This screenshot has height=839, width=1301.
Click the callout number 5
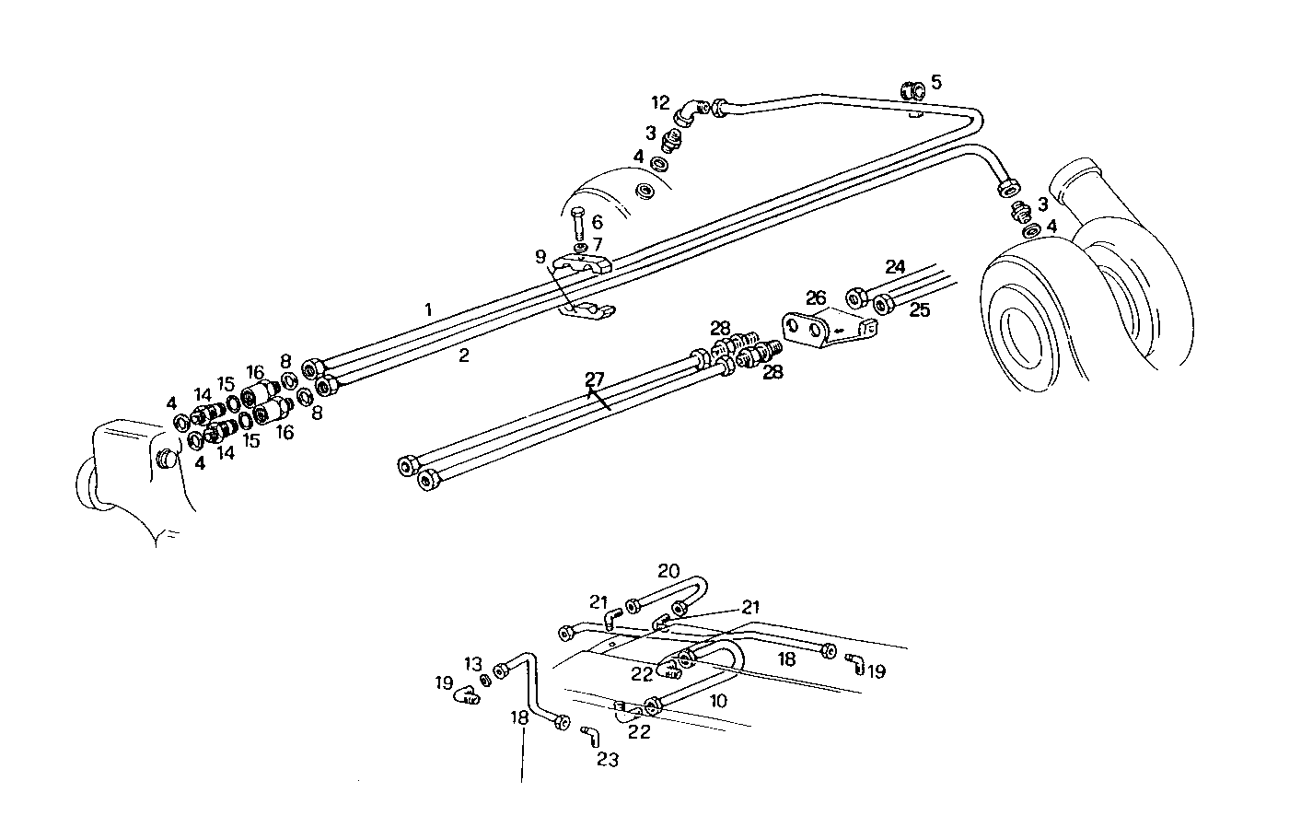(936, 82)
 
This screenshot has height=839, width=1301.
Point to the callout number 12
(661, 101)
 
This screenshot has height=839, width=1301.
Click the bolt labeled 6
(578, 223)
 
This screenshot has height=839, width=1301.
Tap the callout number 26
(817, 297)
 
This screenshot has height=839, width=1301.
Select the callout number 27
(594, 379)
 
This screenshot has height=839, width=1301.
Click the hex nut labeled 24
(854, 297)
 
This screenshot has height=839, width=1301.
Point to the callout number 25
(920, 311)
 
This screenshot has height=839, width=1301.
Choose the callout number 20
(668, 569)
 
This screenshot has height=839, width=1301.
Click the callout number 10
(718, 701)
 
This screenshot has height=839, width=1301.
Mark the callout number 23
(608, 760)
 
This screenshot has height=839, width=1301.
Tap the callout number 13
(473, 663)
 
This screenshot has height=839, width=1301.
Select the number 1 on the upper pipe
(428, 310)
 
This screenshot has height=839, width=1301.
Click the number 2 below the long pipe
(464, 356)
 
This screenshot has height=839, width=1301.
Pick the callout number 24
(895, 267)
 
